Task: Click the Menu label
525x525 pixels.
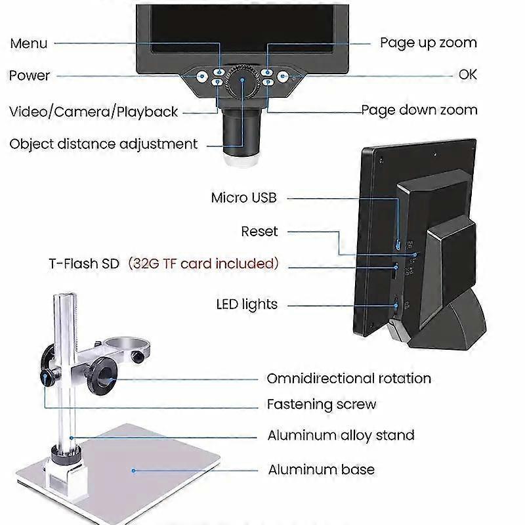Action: click(29, 44)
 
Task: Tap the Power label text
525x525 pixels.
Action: click(30, 75)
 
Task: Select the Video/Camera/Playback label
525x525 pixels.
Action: click(94, 112)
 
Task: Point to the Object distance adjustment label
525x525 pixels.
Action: click(104, 144)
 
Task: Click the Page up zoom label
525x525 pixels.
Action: click(429, 43)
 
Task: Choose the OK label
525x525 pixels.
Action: click(467, 75)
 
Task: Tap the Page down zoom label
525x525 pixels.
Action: click(419, 110)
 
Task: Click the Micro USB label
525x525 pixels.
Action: click(244, 198)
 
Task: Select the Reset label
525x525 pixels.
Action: click(259, 231)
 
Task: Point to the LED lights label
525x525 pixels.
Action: click(247, 304)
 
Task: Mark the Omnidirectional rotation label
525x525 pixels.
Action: click(348, 379)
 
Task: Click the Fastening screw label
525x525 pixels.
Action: click(322, 404)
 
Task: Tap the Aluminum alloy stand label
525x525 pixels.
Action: click(341, 435)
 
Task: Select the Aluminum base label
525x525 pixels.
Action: click(321, 470)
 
